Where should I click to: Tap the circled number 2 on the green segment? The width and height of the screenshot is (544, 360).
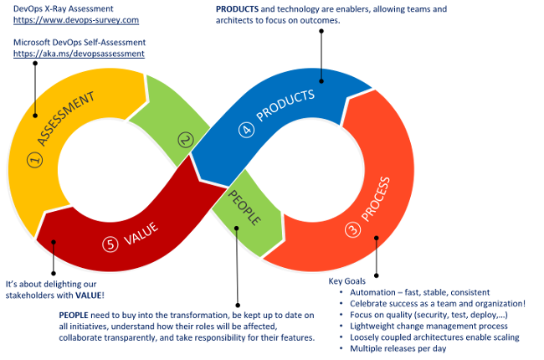click(x=186, y=141)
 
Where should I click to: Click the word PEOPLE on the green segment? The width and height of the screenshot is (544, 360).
click(x=244, y=208)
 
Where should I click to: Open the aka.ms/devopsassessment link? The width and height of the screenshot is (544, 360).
click(x=79, y=53)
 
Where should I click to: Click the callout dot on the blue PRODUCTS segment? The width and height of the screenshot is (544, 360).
click(x=321, y=81)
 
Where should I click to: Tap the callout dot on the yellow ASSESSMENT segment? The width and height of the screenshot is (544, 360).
click(x=35, y=116)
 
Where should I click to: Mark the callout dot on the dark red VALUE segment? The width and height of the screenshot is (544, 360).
click(x=53, y=243)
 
